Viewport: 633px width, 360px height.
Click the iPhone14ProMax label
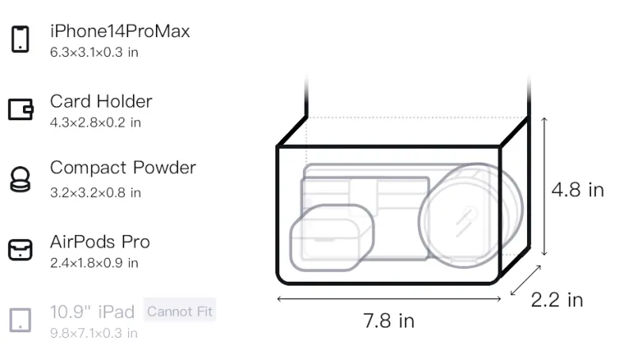click(x=120, y=32)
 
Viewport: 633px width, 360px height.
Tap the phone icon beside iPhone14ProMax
click(x=21, y=39)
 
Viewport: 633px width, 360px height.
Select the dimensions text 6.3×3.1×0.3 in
click(x=94, y=52)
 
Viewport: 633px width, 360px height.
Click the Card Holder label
click(x=101, y=101)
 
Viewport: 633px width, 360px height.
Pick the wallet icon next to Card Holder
click(x=21, y=109)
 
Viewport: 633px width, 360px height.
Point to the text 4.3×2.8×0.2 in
click(x=95, y=123)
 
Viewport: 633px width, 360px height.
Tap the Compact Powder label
click(x=123, y=168)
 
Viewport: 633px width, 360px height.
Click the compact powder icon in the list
click(x=21, y=179)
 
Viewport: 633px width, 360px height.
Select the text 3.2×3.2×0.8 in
click(x=95, y=192)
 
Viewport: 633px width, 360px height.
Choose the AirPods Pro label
click(x=100, y=242)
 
